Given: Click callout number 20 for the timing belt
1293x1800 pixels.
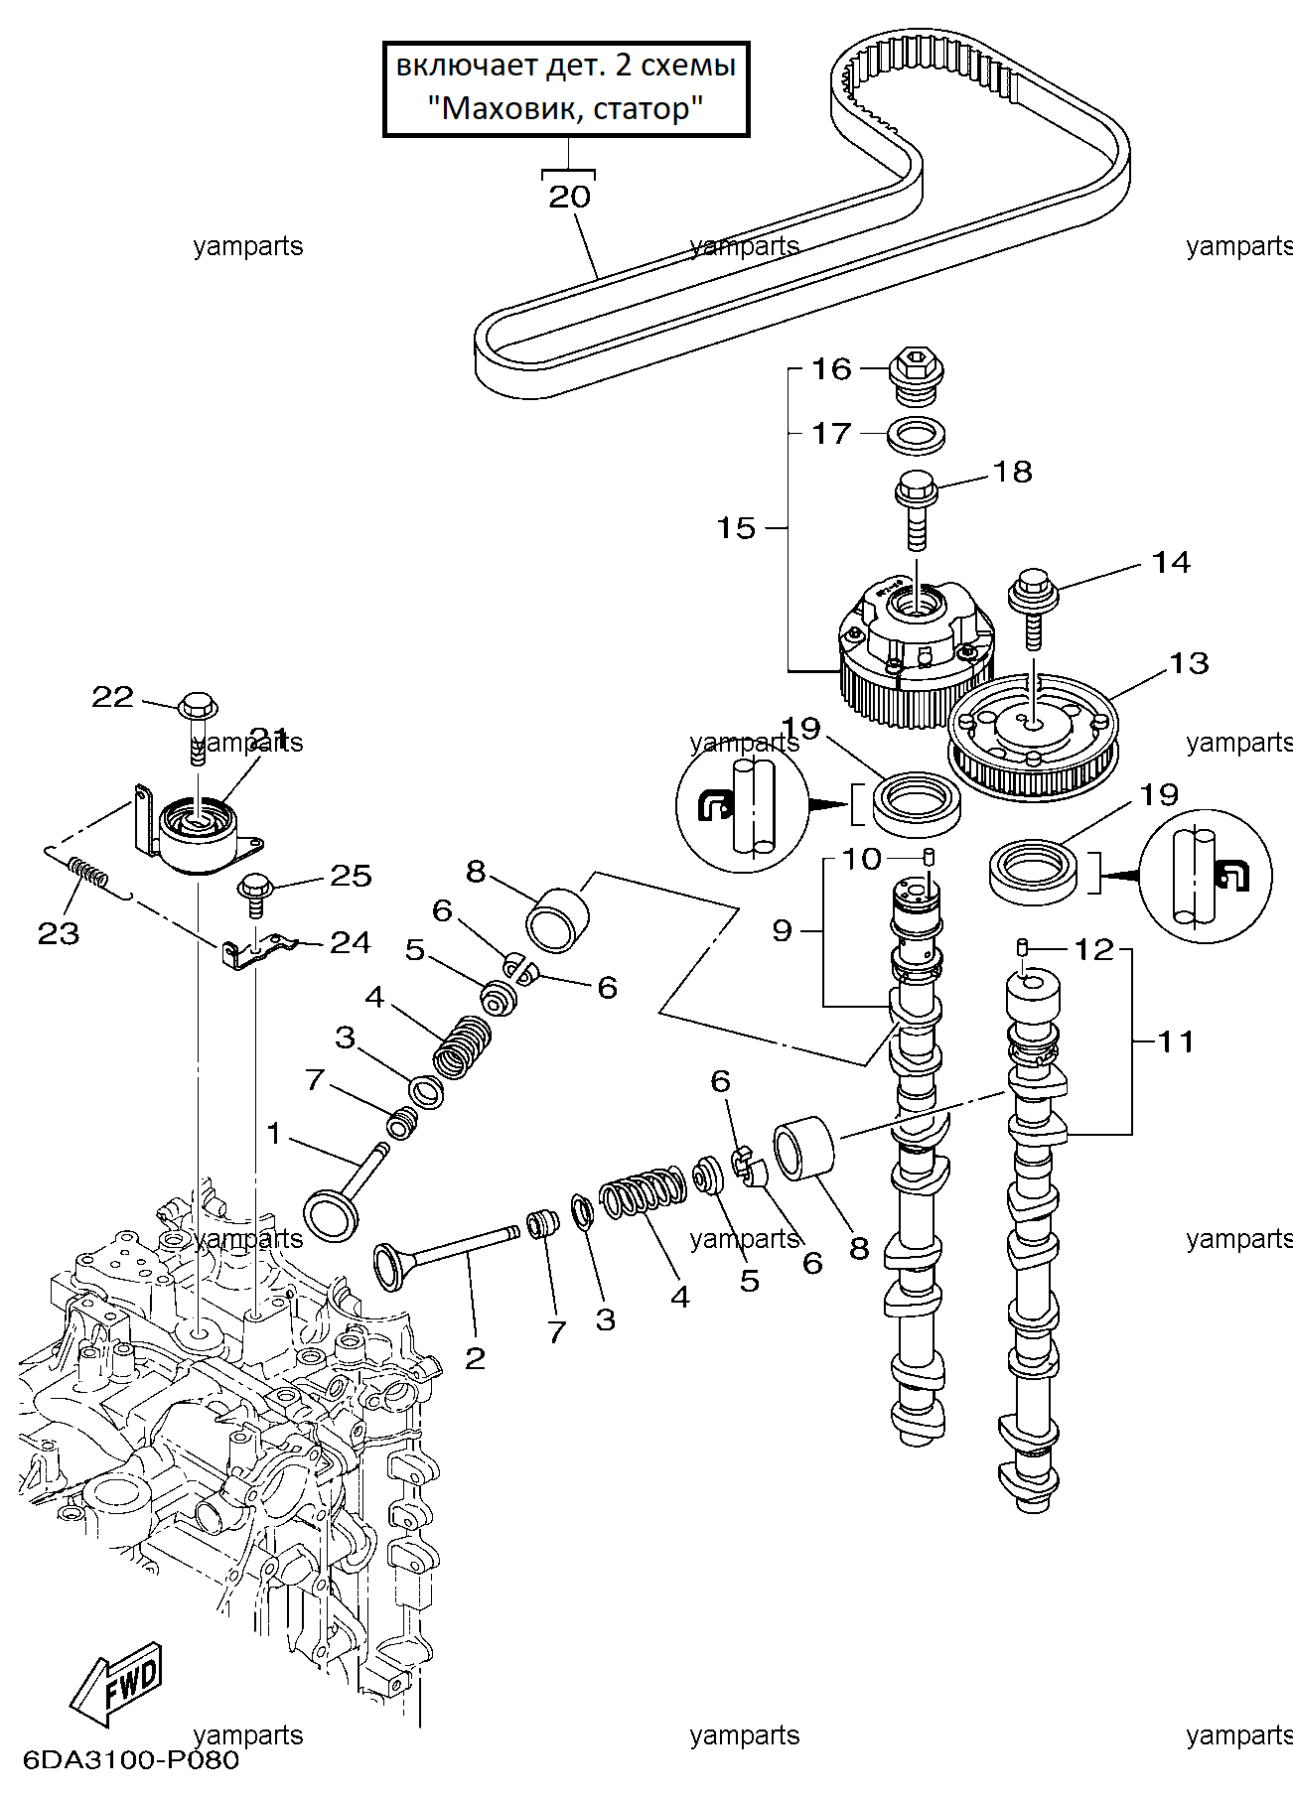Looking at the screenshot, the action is point(569,197).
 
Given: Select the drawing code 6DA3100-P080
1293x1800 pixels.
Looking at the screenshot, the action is point(130,1760).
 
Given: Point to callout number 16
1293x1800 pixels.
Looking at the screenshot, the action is point(832,369).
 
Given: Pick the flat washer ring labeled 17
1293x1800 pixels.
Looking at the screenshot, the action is point(916,434).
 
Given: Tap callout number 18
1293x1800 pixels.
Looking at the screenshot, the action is point(1013,472).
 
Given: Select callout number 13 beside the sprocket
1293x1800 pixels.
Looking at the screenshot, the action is point(1190,662).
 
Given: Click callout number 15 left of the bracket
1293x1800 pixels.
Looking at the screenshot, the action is point(737,527).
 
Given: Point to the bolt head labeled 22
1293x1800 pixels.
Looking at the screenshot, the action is point(199,706).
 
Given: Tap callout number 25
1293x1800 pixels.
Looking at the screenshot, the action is point(351,875).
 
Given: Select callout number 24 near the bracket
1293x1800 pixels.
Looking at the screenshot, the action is point(351,941).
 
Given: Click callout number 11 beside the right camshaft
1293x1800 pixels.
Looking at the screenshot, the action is point(1176,1041).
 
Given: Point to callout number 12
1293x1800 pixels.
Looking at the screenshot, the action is point(1095,950).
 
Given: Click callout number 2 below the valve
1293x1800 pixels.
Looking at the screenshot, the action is point(476,1357).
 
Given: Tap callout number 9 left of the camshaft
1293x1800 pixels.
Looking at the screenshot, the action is point(783,930).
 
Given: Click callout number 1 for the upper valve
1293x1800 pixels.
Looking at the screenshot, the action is point(274,1133).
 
